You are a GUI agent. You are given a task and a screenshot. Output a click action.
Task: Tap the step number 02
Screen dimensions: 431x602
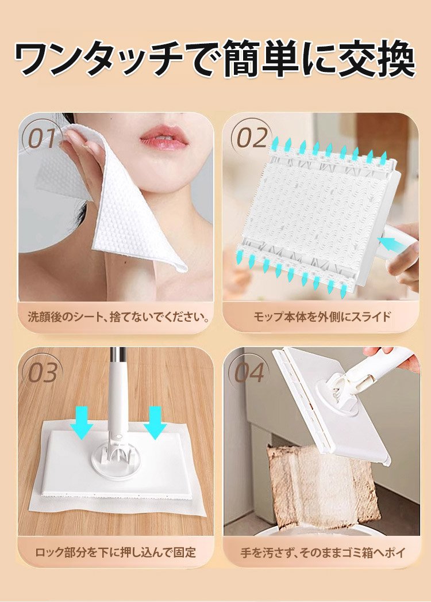click(252, 138)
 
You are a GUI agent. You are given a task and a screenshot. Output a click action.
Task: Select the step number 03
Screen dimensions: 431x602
click(43, 372)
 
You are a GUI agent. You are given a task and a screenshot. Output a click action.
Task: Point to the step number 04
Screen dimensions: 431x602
click(249, 372)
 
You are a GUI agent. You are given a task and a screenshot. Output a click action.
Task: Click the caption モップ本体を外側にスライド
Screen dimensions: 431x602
click(322, 317)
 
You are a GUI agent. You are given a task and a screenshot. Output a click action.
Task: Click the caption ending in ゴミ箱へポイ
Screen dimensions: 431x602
click(323, 553)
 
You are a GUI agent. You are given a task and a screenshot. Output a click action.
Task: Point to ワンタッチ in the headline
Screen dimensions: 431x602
click(99, 58)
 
